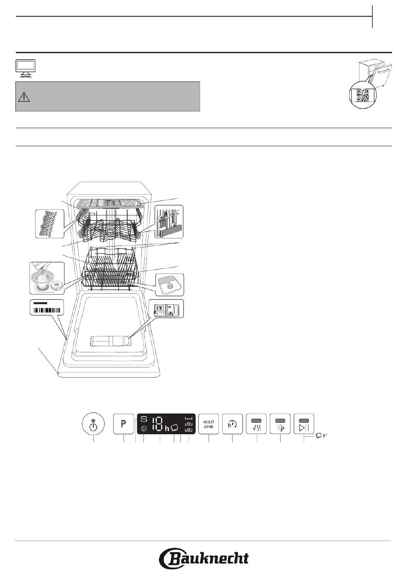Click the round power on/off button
tap(93, 424)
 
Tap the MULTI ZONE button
tap(209, 424)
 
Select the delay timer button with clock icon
tap(232, 424)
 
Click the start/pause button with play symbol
tap(304, 424)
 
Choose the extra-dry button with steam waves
tap(257, 424)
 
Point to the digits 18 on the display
tap(157, 424)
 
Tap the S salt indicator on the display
tap(144, 419)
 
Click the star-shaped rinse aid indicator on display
tap(144, 429)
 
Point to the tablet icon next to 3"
tap(318, 436)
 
